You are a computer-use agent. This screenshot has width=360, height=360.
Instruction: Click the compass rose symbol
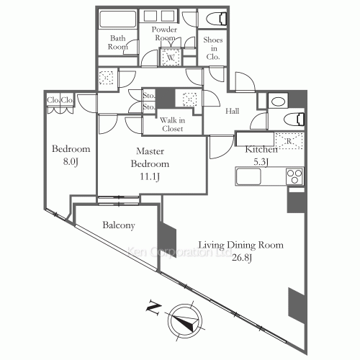pos(184,320)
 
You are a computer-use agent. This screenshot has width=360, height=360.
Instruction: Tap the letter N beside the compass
pos(153,309)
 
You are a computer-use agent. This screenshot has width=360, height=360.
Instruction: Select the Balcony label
pos(119,225)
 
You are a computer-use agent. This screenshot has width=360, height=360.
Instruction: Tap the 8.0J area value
pos(70,162)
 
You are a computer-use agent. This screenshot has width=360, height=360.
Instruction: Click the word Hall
pos(232,111)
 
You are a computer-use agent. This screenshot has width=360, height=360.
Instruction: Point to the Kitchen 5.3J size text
pos(257,162)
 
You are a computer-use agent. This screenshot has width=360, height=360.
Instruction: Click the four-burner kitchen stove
pos(294,175)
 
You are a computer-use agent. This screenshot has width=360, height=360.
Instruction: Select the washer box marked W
pos(171,57)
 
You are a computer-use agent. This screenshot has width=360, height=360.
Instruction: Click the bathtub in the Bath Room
pos(117,19)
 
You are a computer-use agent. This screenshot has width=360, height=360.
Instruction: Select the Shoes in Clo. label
pos(214,48)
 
